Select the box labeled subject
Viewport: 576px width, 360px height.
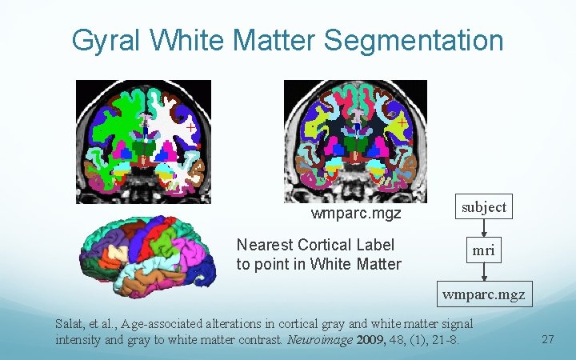pyautogui.click(x=484, y=207)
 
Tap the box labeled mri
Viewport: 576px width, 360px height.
pyautogui.click(x=483, y=250)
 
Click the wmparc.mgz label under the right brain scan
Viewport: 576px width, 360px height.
pyautogui.click(x=356, y=214)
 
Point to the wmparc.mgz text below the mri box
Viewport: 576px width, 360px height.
pyautogui.click(x=484, y=294)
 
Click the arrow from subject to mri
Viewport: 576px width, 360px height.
pyautogui.click(x=483, y=229)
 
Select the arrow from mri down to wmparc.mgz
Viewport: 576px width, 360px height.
pyautogui.click(x=483, y=273)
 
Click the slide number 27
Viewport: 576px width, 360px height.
pyautogui.click(x=548, y=340)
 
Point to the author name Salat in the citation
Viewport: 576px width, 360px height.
pyautogui.click(x=70, y=324)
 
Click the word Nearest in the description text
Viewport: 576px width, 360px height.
pyautogui.click(x=264, y=245)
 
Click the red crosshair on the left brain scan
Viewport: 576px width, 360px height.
pyautogui.click(x=190, y=127)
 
